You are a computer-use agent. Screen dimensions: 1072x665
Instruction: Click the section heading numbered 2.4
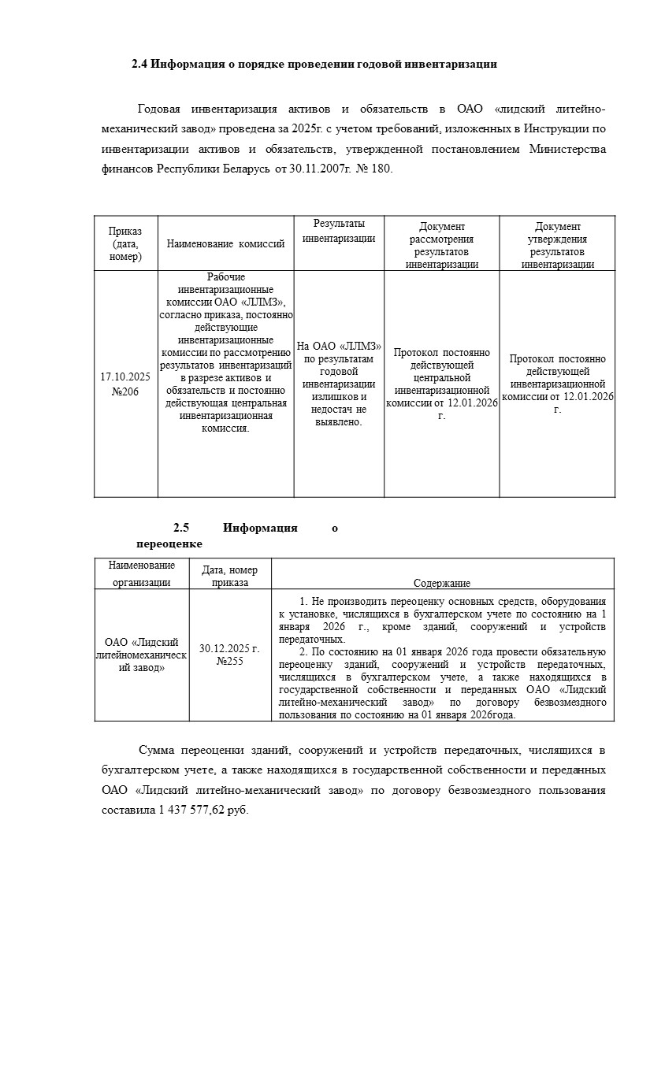point(314,64)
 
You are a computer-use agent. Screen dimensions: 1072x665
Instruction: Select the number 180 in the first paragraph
point(381,169)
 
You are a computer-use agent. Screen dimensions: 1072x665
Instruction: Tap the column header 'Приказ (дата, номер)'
point(126,243)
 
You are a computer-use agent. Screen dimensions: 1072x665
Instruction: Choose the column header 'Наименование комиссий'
point(225,244)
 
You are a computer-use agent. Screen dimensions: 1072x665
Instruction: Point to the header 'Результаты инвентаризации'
point(339,231)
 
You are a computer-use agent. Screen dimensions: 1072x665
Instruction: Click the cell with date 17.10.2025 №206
point(125,384)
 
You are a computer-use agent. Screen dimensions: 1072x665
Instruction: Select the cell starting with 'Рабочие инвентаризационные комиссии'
point(225,353)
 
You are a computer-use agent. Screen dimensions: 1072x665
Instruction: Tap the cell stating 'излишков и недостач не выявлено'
point(339,384)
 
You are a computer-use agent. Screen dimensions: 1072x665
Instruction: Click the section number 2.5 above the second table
point(182,528)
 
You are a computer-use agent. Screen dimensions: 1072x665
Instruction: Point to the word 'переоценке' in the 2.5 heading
point(169,543)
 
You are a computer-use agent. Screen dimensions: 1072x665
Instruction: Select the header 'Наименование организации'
point(142,574)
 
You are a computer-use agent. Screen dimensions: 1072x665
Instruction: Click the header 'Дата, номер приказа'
point(230,576)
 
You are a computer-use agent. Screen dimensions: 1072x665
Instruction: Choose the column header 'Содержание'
point(442,583)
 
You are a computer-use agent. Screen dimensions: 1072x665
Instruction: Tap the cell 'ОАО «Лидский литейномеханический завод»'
point(142,655)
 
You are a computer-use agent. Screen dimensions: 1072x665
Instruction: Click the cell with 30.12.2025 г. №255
point(230,655)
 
